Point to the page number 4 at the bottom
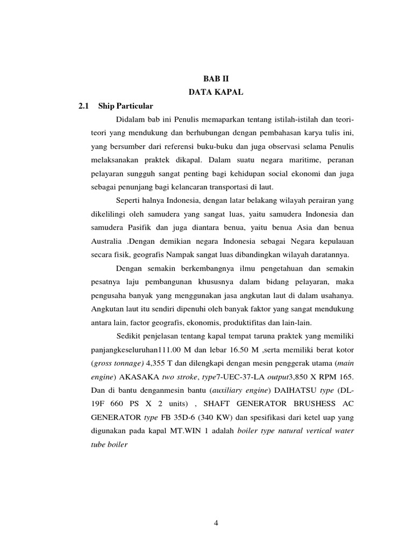(x=215, y=521)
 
